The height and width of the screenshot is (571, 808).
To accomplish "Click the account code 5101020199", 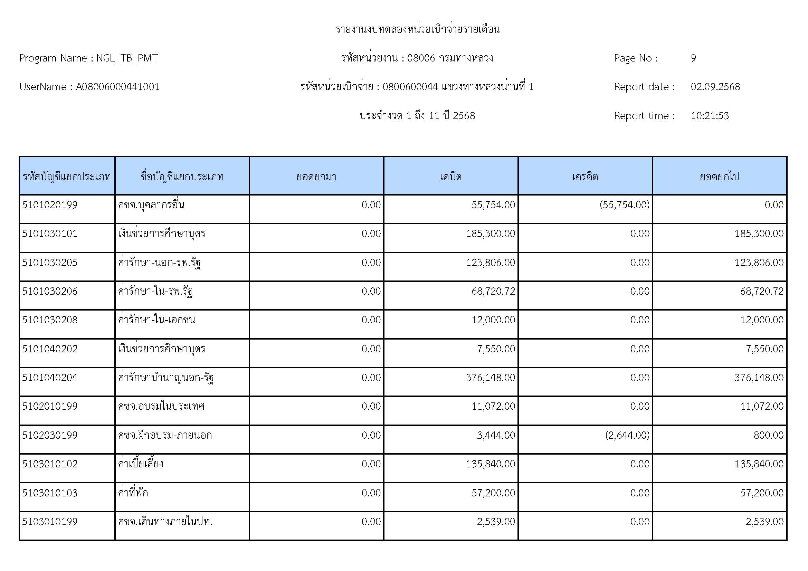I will coord(50,205).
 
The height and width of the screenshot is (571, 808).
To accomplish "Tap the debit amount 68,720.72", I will coord(493,291).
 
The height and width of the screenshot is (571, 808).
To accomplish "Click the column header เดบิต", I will coord(450,176).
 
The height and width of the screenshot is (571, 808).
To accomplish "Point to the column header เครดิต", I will coord(585,176).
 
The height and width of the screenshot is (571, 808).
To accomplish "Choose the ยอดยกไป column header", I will coord(719,176).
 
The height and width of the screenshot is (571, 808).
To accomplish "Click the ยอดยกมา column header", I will coord(316,176).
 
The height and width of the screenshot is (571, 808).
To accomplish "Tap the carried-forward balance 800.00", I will coord(768,435).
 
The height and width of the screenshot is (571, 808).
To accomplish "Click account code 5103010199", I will coord(50,521).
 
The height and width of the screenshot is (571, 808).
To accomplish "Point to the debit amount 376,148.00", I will coord(490,378).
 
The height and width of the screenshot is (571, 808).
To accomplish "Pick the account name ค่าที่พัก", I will coord(133,493).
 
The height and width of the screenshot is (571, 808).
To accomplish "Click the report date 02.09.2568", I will coord(715,87).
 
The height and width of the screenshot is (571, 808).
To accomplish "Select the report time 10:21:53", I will coord(710,116).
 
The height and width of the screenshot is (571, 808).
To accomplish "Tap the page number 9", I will coord(693,58).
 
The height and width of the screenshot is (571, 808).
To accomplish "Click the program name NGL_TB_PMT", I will coord(127,58).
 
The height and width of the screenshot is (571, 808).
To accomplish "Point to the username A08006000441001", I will coord(117,87).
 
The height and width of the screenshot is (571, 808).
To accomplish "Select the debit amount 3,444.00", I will coord(496,435).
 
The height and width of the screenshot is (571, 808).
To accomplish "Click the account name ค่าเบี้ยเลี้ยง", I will coord(141,464).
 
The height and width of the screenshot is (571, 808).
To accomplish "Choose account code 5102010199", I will coord(50,406).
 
